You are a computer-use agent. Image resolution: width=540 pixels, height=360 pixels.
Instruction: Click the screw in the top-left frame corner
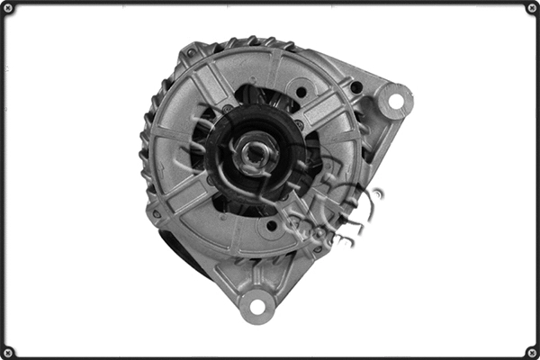[x=8, y=8]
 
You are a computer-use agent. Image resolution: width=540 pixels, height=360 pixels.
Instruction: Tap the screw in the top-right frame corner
[x=532, y=8]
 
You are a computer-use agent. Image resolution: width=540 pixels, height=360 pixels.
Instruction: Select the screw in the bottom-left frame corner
[x=8, y=352]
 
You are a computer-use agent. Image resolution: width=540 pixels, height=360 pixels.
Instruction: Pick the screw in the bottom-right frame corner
[x=532, y=352]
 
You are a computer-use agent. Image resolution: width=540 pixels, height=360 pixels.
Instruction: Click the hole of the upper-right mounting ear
[x=394, y=100]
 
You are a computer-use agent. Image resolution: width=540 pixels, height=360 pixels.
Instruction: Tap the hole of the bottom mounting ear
[x=257, y=306]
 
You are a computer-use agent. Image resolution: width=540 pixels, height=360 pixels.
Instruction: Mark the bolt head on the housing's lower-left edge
[x=157, y=214]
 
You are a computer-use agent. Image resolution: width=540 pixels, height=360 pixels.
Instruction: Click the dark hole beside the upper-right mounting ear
[x=357, y=87]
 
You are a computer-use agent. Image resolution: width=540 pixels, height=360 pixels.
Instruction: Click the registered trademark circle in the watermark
[x=375, y=193]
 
